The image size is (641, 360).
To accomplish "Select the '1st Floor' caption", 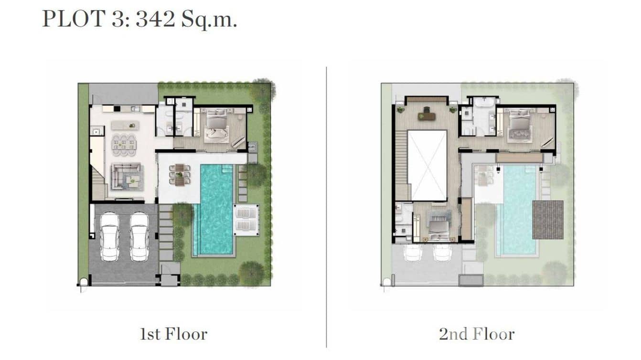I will (x=173, y=334).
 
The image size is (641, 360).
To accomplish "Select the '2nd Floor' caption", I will (x=477, y=334).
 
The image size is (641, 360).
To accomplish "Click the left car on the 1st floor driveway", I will (x=109, y=236).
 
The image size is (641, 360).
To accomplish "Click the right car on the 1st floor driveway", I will (x=139, y=236).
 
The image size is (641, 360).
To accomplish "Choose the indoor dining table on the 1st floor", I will (x=124, y=144).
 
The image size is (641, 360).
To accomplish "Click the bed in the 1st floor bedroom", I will (x=217, y=127).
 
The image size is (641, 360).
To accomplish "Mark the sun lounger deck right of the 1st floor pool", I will (x=246, y=220).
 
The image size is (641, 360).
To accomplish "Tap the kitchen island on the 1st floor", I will (x=125, y=125).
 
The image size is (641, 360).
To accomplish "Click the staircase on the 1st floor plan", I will (x=98, y=184).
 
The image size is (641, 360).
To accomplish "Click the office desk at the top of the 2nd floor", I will (x=426, y=115).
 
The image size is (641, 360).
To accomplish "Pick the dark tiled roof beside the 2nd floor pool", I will (x=547, y=220).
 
